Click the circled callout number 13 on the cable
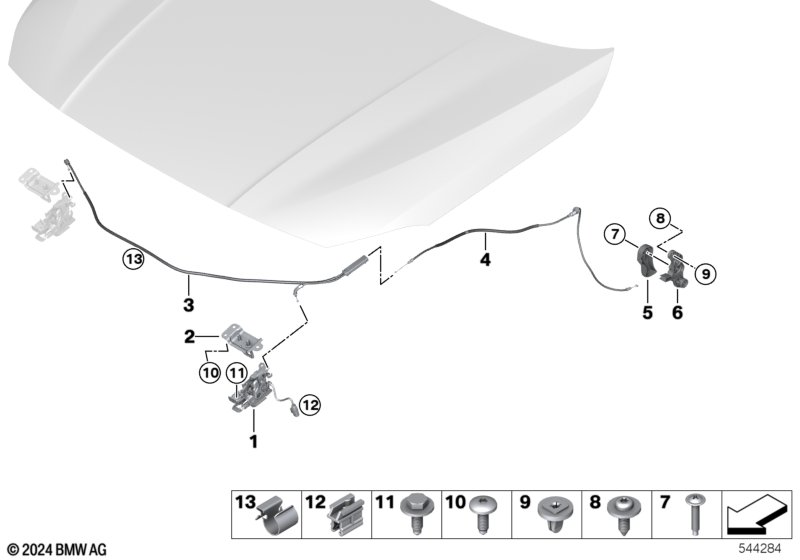(x=134, y=259)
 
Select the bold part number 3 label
(x=188, y=305)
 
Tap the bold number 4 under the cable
(x=485, y=260)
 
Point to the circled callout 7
(x=615, y=235)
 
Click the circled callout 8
(x=660, y=219)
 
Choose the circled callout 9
(x=706, y=274)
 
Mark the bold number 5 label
(x=647, y=312)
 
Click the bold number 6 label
(x=677, y=312)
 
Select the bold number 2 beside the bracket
(x=189, y=337)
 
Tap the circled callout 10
(x=210, y=373)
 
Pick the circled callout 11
(x=236, y=373)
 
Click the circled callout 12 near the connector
(x=310, y=405)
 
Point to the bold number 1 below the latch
(x=254, y=441)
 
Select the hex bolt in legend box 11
(x=417, y=513)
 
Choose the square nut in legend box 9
(x=553, y=512)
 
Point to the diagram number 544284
(x=760, y=549)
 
